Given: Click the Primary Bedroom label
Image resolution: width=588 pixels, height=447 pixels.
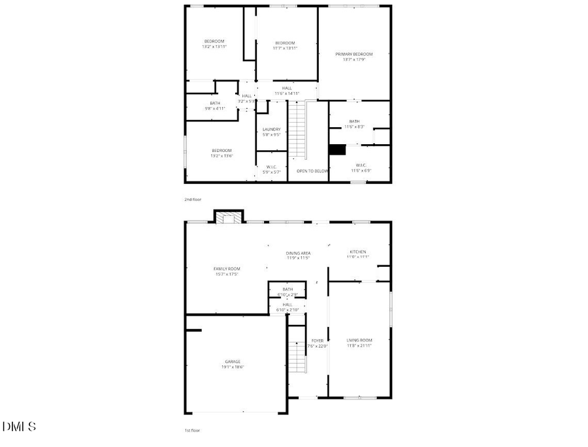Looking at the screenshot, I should coord(354,54).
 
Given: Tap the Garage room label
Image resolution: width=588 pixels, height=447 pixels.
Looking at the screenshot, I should coord(233,362).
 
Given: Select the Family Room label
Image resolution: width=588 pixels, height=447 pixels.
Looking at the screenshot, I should coord(227,269).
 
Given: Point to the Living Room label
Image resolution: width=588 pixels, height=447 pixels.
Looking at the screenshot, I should coord(359,340).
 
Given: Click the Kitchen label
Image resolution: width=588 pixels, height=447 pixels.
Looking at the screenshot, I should coord(357,252).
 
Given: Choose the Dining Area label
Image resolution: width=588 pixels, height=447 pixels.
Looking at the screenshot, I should coord(298,253).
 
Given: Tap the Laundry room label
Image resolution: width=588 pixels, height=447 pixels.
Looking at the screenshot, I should coord(272,129).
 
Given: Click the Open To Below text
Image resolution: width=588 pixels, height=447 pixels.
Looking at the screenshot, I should coord(312,171).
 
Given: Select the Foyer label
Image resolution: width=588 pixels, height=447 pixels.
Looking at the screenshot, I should coord(318,341).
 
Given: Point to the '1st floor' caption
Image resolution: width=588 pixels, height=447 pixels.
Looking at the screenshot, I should coord(191,431).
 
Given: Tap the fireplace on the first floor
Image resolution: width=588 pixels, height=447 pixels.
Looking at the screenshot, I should coord(229,217).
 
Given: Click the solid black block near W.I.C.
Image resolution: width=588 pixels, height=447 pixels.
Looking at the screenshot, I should coord(336,150).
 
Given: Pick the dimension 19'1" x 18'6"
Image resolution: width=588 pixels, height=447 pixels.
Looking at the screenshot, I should coord(233,367).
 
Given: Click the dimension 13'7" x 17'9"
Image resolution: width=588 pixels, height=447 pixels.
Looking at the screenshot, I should coord(354,60).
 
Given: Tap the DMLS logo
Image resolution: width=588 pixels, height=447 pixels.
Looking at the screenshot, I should coord(19,427).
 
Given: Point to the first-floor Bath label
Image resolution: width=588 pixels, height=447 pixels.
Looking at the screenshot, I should coord(287,289).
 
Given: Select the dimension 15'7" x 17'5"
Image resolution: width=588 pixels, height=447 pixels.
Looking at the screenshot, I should coord(227,275).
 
